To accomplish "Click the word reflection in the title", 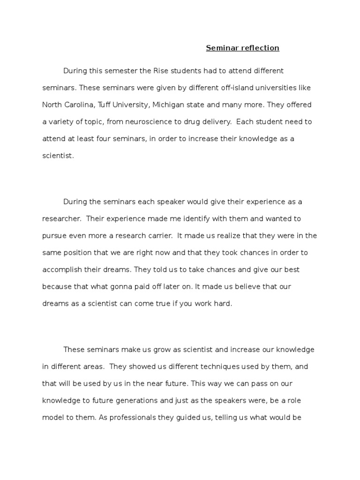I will (x=259, y=48).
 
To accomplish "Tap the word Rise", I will (x=161, y=71).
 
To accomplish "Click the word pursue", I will (x=54, y=236).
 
